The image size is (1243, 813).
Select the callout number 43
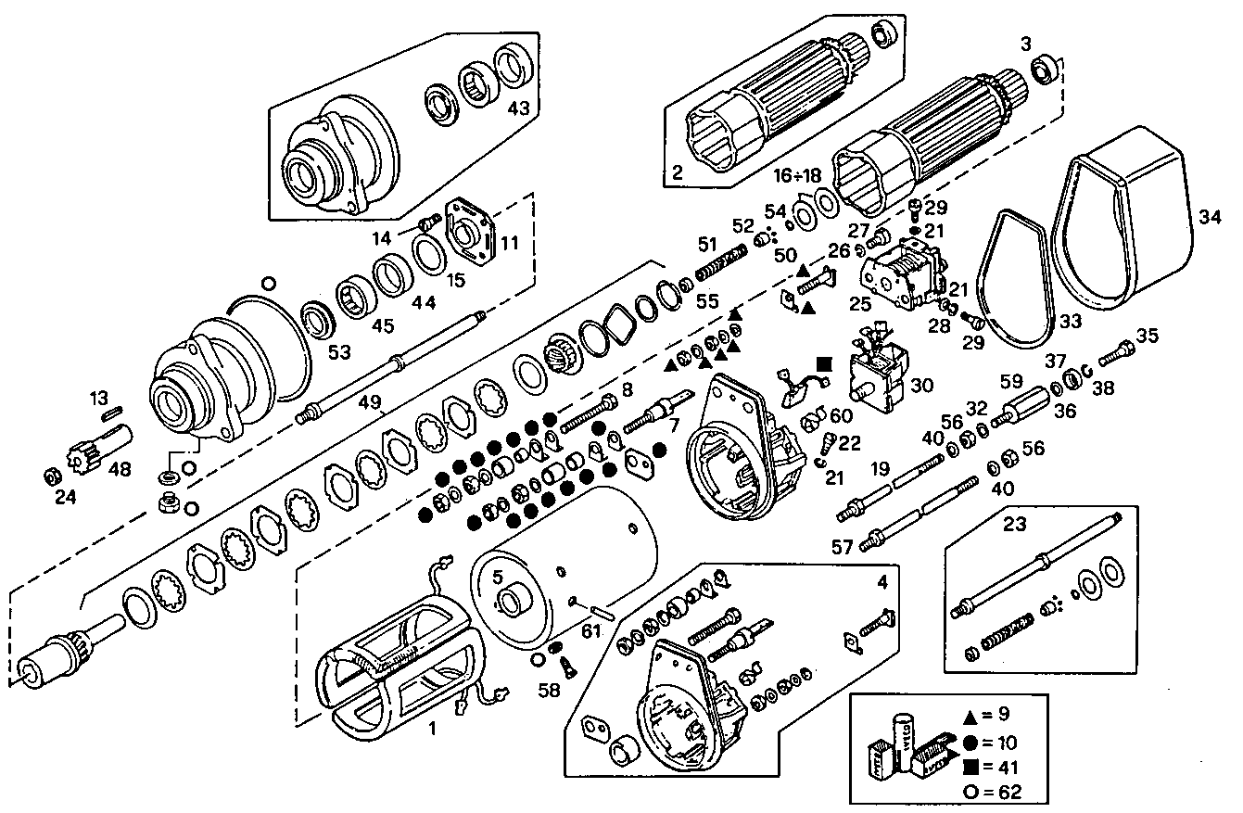518,108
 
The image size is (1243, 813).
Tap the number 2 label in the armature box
678,172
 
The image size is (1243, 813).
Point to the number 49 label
370,401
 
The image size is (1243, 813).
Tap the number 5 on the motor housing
498,576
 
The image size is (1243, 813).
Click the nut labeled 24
53,476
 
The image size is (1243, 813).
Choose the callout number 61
591,631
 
